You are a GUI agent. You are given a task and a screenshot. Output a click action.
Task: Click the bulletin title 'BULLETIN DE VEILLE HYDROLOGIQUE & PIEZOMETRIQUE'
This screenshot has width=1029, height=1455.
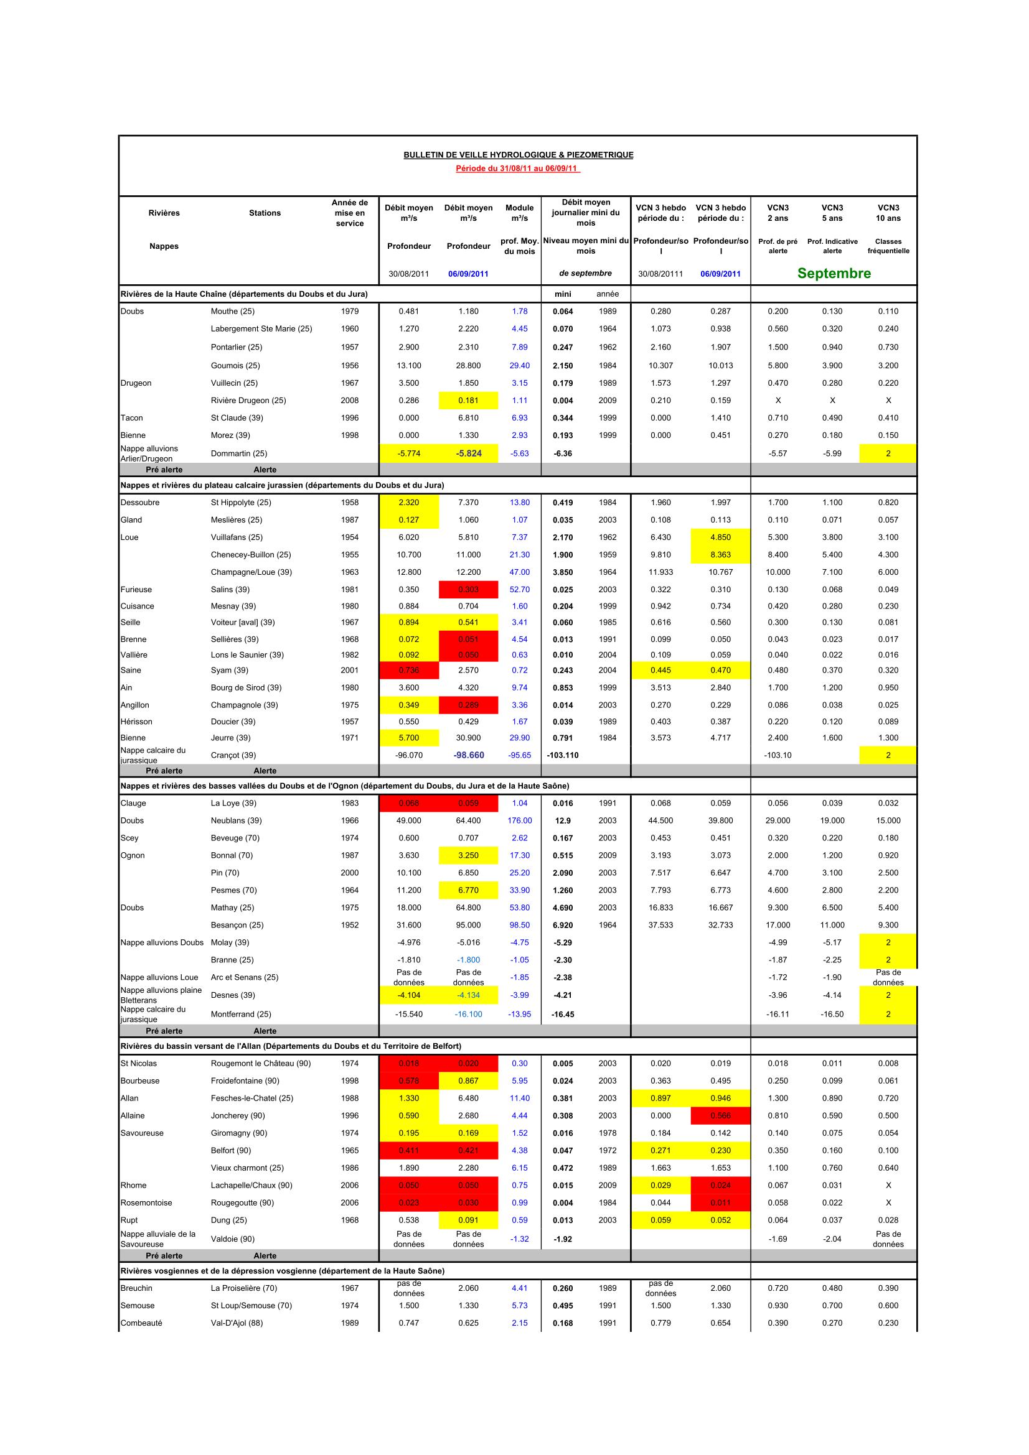pos(518,155)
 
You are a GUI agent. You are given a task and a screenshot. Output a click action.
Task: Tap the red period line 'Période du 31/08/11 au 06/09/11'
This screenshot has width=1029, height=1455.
pos(518,169)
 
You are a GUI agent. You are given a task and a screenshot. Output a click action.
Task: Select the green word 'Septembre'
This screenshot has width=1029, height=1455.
pos(834,273)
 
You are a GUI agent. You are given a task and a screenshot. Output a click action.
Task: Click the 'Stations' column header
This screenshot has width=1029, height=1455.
pos(265,213)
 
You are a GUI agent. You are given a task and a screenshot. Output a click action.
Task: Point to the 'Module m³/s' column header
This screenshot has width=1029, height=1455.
pos(519,213)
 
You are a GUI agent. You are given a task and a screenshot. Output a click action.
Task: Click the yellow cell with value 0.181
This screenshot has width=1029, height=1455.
pos(469,401)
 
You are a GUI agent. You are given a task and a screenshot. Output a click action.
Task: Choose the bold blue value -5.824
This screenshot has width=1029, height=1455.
pos(469,453)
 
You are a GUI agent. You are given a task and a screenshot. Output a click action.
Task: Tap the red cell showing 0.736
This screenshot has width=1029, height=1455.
pos(409,671)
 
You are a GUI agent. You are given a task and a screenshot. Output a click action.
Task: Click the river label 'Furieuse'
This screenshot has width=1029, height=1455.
pos(136,589)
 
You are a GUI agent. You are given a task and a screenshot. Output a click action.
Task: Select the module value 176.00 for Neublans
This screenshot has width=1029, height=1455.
pos(519,820)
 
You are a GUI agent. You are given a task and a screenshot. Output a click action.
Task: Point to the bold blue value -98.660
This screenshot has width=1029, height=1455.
pos(469,755)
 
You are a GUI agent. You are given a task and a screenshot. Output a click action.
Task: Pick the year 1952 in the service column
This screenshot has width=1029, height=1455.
pos(349,925)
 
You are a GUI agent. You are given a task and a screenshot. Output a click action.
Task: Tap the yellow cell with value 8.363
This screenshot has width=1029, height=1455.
pos(720,554)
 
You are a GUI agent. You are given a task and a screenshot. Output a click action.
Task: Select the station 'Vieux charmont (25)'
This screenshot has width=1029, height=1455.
pos(247,1168)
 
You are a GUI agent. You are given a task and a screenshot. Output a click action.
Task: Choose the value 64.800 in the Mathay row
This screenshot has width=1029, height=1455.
pos(469,908)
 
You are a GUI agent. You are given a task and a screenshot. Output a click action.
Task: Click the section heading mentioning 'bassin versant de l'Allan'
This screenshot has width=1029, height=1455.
pos(291,1046)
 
